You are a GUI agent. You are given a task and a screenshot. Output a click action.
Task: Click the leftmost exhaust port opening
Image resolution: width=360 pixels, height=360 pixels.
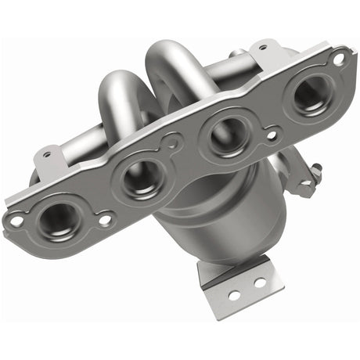pyautogui.click(x=59, y=219)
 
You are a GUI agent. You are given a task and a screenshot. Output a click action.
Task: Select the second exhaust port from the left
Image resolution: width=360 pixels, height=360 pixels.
pyautogui.click(x=141, y=176)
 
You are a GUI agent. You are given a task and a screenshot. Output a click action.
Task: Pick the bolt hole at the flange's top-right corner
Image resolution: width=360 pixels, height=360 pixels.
pyautogui.click(x=338, y=58)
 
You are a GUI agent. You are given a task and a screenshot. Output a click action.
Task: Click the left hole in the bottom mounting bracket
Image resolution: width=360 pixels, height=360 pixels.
pyautogui.click(x=233, y=295)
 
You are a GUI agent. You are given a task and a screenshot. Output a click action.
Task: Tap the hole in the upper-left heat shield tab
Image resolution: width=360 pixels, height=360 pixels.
pyautogui.click(x=47, y=155)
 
